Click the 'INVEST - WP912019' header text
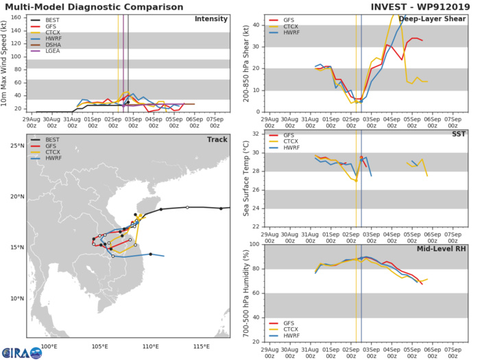[x=418, y=6]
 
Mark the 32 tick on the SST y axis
[x=256, y=133]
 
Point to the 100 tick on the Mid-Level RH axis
[x=254, y=244]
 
